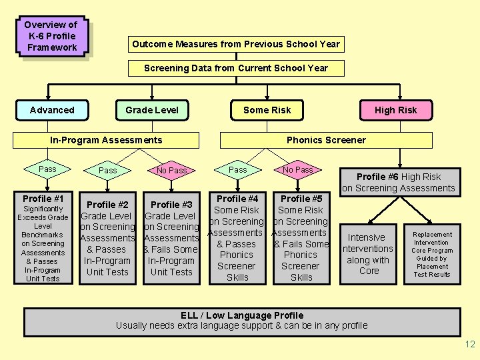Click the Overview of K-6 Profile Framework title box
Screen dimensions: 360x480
click(x=51, y=36)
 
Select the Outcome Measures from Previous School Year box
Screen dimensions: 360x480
click(x=236, y=44)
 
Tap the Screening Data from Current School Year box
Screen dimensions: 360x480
click(x=236, y=68)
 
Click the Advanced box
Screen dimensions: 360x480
click(x=52, y=110)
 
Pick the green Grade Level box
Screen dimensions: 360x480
click(x=152, y=110)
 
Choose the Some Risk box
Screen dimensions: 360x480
click(x=267, y=110)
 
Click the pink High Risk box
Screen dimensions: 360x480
click(x=395, y=110)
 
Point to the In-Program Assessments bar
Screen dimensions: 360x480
click(x=107, y=140)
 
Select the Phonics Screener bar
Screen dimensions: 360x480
click(x=326, y=140)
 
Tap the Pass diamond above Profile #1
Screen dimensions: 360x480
click(x=47, y=169)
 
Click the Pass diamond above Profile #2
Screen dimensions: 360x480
click(x=107, y=171)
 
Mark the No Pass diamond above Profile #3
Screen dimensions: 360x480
click(x=171, y=171)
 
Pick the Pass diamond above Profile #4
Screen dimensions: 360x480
click(x=237, y=170)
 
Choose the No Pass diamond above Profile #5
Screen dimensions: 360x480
click(x=297, y=170)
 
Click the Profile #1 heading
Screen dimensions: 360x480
click(x=43, y=199)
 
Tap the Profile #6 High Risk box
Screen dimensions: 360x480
click(x=399, y=182)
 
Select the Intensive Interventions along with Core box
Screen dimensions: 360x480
click(x=368, y=254)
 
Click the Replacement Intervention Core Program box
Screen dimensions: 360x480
click(x=432, y=254)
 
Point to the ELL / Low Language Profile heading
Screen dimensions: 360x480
click(x=242, y=315)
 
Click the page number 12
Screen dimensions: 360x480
click(x=469, y=344)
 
